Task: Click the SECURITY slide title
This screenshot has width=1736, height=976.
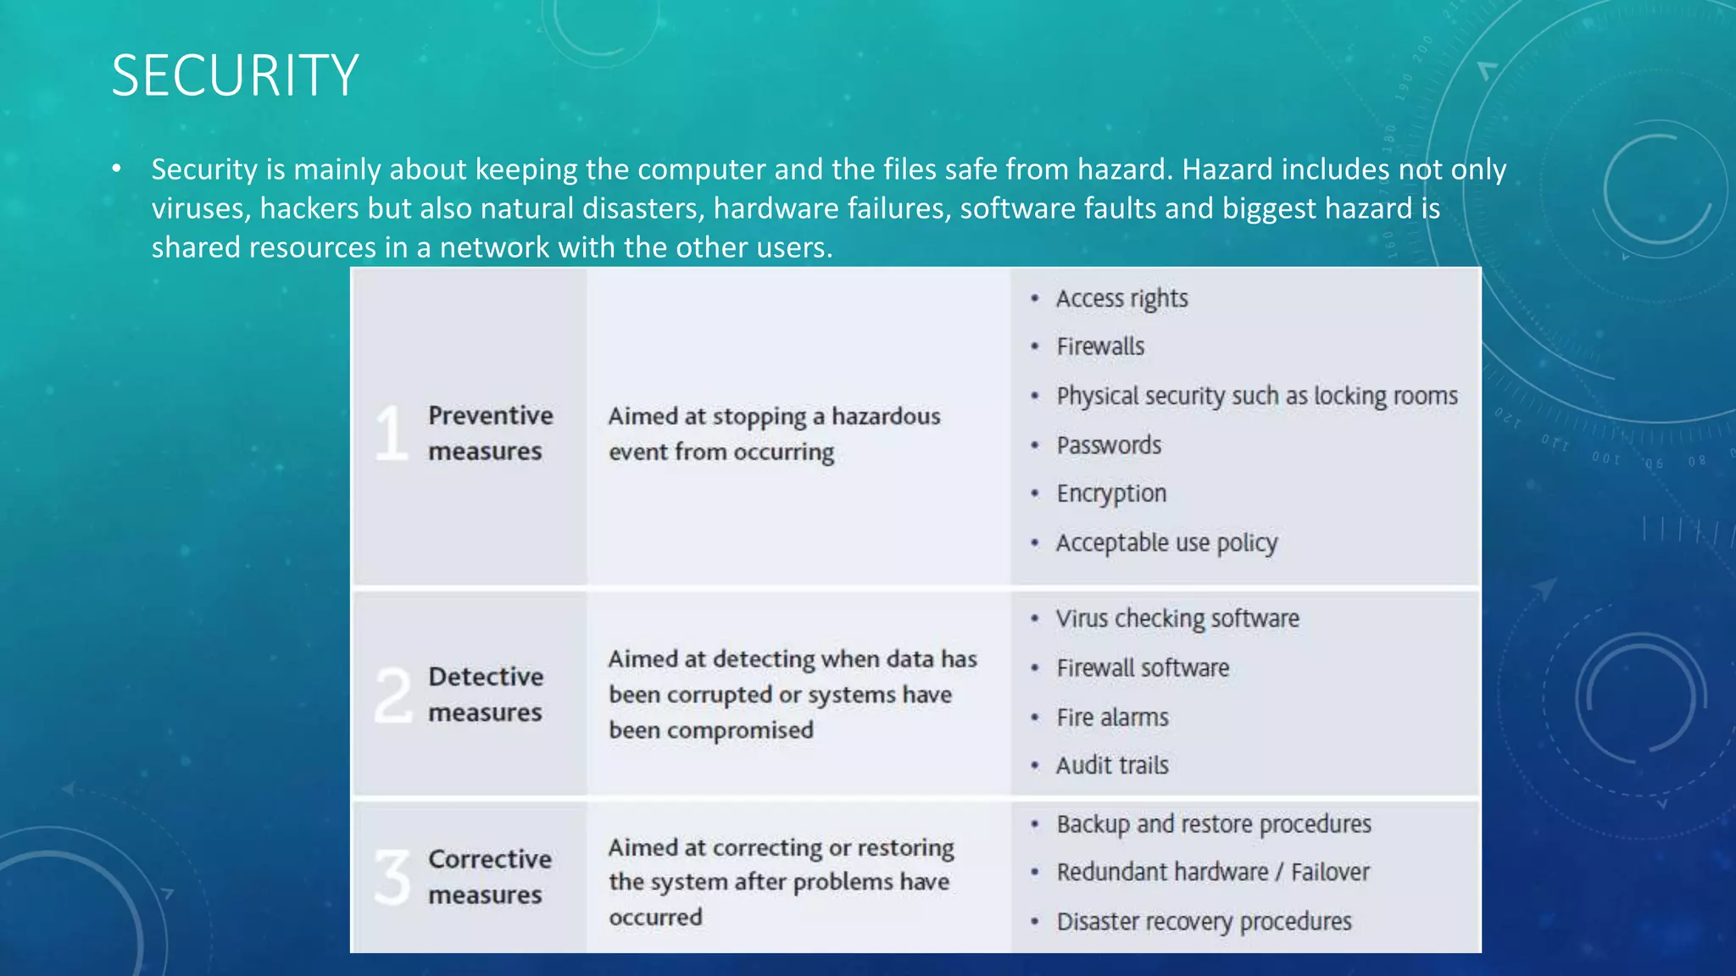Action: [235, 75]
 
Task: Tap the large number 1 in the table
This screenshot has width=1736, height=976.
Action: [392, 433]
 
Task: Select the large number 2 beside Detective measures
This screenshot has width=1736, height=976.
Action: [393, 695]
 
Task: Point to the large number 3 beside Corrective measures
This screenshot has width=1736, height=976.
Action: [392, 877]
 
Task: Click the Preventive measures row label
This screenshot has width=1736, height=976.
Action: [489, 433]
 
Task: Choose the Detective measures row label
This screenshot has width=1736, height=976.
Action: [486, 695]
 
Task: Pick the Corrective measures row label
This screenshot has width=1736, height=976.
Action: [489, 877]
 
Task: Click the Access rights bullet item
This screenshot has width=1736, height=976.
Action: [1121, 298]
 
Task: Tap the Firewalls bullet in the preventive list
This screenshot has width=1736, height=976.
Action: [1100, 347]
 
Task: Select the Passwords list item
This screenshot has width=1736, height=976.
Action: [1109, 445]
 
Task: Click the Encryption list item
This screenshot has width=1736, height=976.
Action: [1111, 493]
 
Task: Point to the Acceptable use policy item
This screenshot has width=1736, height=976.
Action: [1166, 542]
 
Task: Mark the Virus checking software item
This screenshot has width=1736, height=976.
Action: [1177, 618]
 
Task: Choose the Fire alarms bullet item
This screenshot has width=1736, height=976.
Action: [1112, 718]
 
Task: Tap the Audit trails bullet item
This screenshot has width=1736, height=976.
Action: [1112, 766]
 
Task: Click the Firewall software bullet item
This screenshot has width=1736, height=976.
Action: [1142, 668]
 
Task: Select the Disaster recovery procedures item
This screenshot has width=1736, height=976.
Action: [1204, 921]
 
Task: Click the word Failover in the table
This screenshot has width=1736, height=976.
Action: [1330, 872]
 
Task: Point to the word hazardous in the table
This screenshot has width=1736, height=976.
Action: [886, 416]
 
